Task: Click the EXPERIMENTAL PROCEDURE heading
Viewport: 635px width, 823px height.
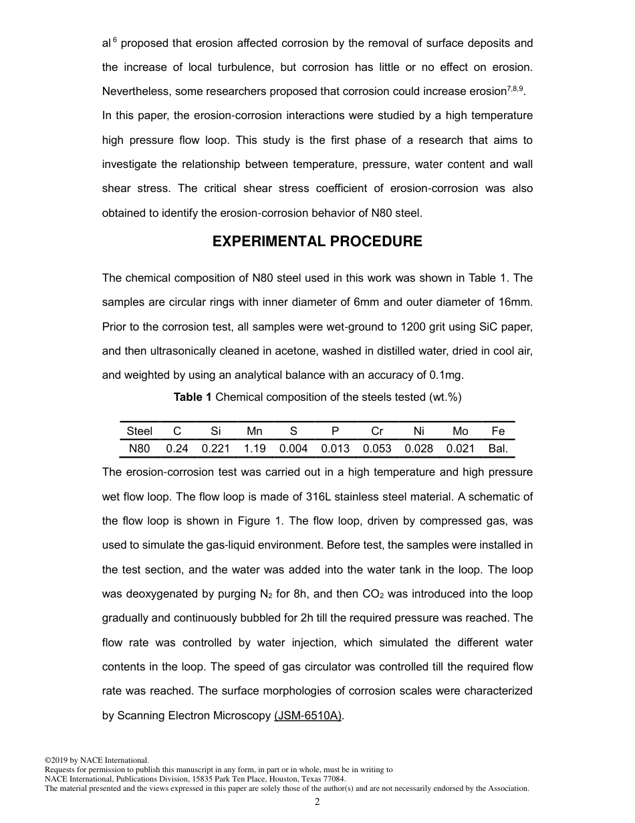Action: pos(317,242)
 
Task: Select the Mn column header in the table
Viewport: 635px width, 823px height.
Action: pos(255,432)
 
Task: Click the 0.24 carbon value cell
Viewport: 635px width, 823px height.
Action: pos(177,449)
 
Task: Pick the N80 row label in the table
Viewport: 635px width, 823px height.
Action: pos(139,449)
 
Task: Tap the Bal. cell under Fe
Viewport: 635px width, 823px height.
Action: pos(498,449)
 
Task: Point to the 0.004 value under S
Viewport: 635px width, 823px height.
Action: pos(293,449)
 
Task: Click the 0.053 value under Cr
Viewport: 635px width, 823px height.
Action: pos(377,449)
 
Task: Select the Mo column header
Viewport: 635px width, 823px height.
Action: pos(460,432)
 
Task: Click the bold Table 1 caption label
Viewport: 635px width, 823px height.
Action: pos(193,397)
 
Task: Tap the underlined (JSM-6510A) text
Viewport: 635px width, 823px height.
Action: pos(309,716)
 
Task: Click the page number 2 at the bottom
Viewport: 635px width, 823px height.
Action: pos(317,802)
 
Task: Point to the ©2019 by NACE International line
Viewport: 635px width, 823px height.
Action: pos(96,760)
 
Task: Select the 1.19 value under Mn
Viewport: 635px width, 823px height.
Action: pos(255,449)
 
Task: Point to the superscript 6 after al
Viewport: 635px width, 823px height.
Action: pos(114,40)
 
